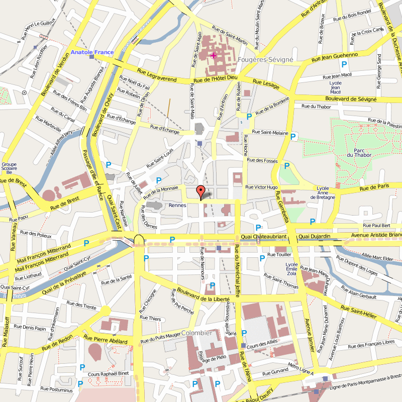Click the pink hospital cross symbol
[x=213, y=55]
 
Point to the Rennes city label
[x=177, y=205]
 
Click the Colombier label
[x=196, y=333]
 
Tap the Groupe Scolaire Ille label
[x=9, y=168]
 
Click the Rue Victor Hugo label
[x=261, y=187]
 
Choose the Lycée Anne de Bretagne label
[x=323, y=192]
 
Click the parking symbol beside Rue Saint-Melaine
[x=293, y=136]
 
